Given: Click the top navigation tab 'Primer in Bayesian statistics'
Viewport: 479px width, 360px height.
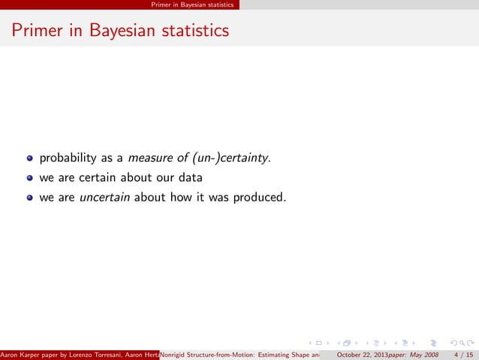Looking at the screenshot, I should (191, 5).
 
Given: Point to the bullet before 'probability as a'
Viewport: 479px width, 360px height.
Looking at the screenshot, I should (30, 159).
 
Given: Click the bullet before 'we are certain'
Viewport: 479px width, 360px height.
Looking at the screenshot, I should (30, 179).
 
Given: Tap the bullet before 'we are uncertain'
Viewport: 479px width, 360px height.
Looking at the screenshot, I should (30, 198).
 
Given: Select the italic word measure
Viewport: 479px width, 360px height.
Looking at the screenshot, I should (152, 159).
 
